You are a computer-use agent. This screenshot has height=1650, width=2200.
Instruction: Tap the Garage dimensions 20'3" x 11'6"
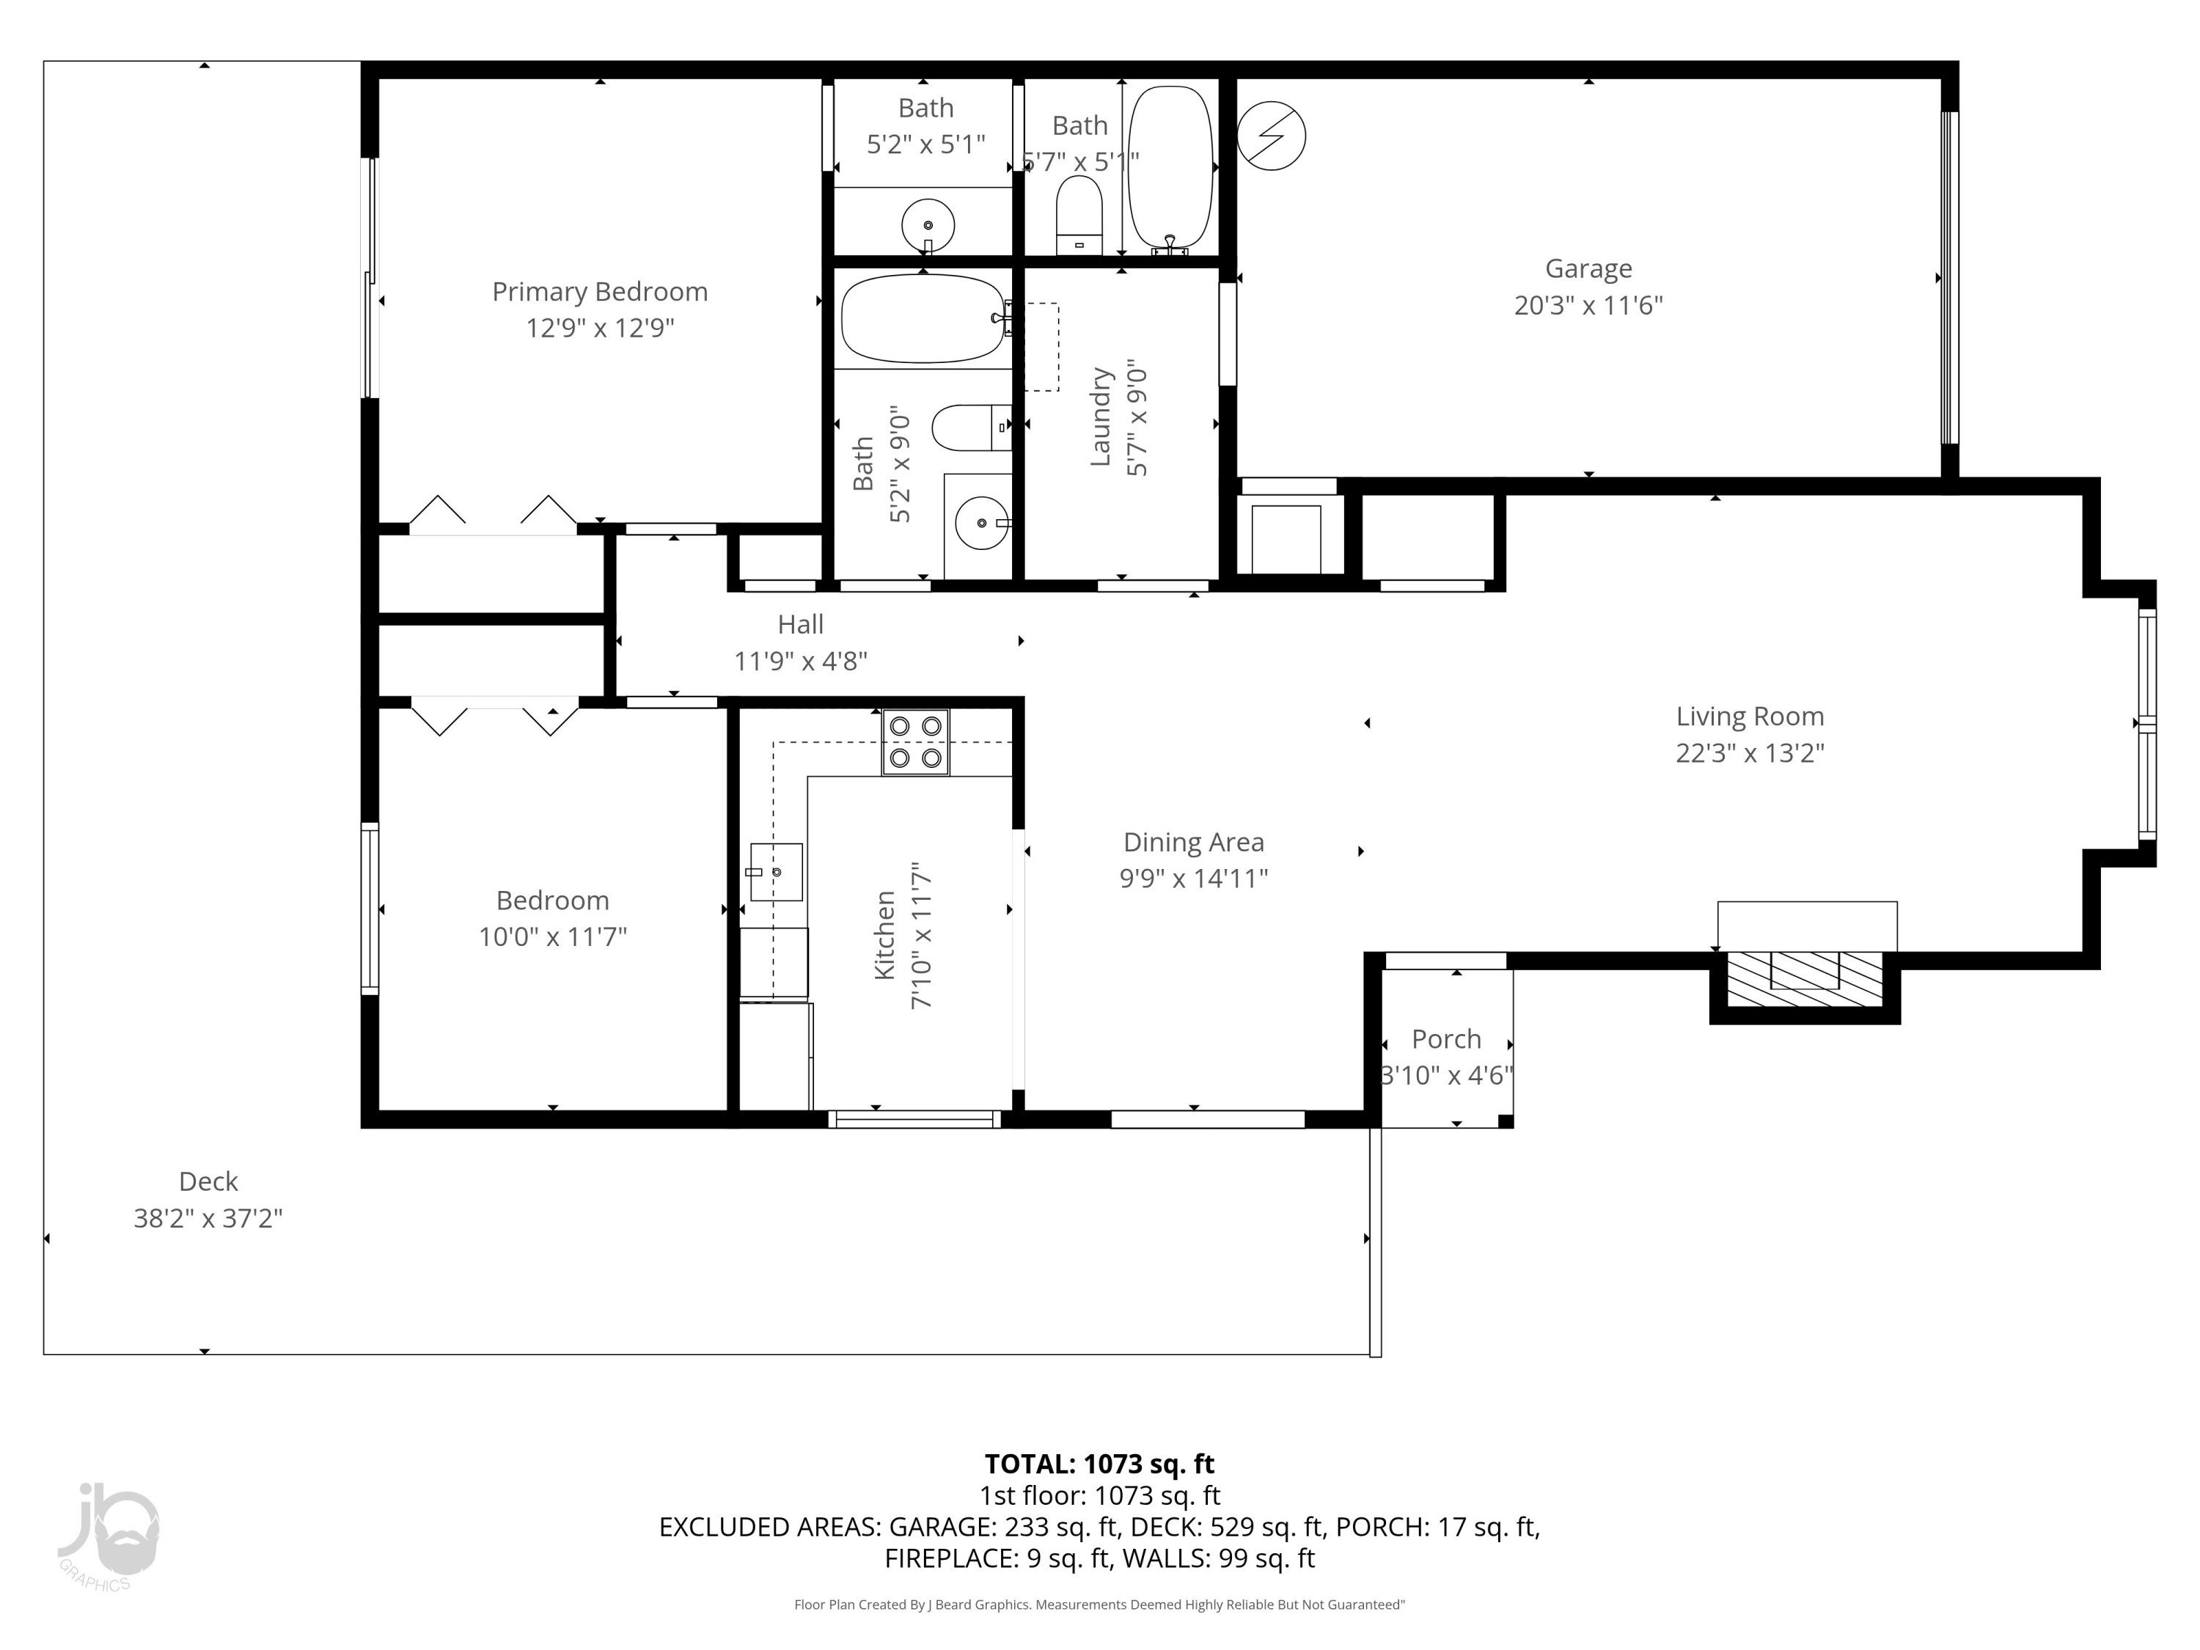coord(1588,305)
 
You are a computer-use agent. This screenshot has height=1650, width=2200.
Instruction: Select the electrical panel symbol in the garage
coord(1271,136)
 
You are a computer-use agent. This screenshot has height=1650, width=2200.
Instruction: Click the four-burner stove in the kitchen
coord(915,742)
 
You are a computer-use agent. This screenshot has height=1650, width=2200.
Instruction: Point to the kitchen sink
coord(776,872)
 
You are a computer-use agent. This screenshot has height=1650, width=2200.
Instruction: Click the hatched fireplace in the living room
coord(1805,979)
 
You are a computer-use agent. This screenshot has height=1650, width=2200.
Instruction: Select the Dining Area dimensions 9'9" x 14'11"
coord(1193,879)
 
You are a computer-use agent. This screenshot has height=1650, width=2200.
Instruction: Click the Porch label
coord(1446,1039)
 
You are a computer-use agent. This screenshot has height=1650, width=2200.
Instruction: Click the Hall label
coord(801,625)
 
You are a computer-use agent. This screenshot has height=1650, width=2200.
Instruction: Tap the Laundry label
coord(1100,417)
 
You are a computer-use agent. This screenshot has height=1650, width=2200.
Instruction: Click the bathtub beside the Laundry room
coord(923,318)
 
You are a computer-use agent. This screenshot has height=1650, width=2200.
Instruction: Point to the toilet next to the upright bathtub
coord(1079,215)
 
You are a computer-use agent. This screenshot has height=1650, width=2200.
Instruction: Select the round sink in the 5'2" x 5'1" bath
coord(928,226)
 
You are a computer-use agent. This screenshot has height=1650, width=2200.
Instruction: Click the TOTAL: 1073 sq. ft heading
coord(1099,1464)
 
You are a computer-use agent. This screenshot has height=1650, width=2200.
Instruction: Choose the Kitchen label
coord(885,936)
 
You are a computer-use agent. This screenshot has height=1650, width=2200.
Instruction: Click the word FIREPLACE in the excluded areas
coord(949,1558)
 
